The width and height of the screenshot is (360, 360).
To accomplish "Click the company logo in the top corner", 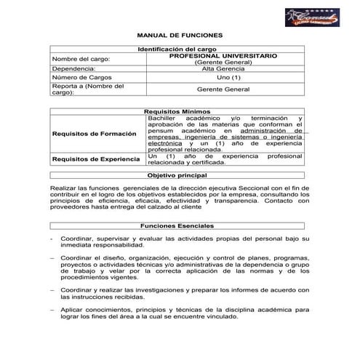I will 312,17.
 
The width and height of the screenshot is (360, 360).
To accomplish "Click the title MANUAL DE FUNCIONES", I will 180,35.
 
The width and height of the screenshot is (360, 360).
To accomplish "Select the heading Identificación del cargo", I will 180,48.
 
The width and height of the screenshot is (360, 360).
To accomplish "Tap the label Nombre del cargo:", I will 80,58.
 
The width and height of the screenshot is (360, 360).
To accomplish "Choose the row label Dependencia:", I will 73,69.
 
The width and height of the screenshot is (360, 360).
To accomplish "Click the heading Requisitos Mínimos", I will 180,111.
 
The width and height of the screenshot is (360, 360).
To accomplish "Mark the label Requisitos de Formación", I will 94,134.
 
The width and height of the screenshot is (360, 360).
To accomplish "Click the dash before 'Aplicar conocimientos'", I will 52,308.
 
